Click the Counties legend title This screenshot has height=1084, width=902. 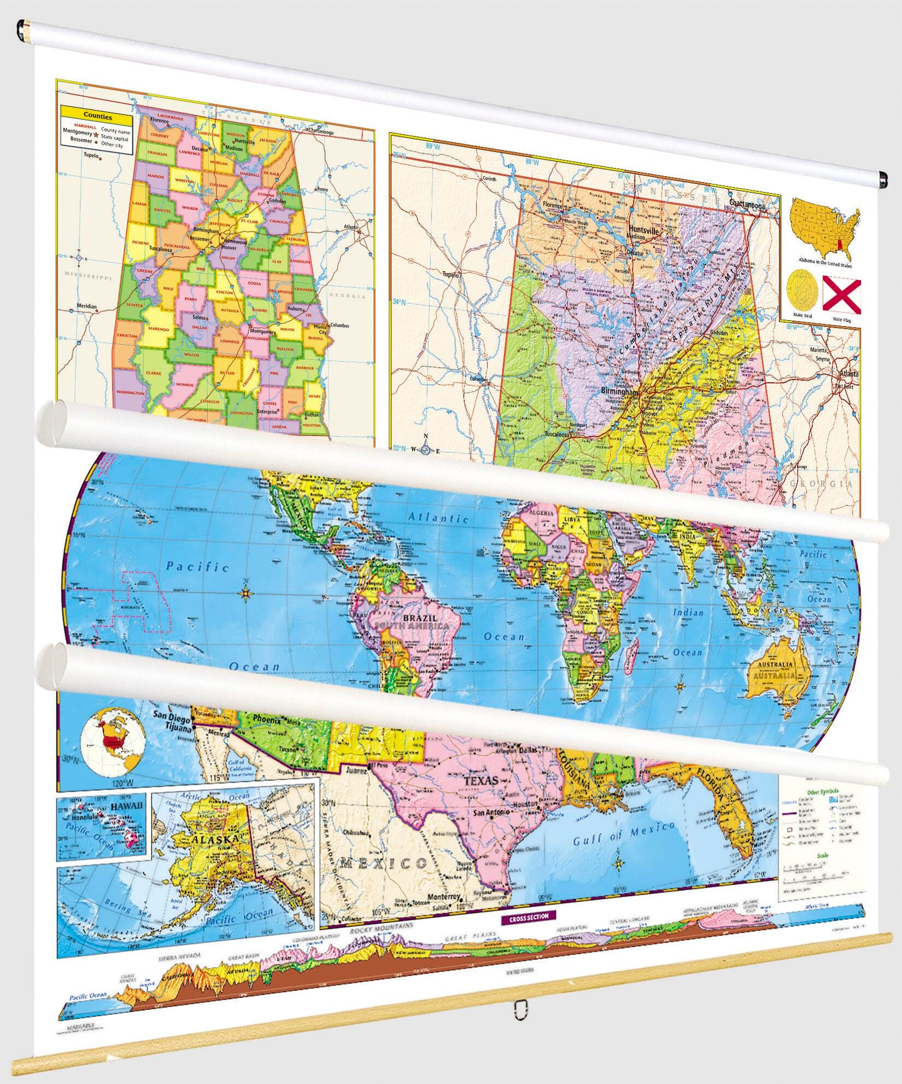point(97,117)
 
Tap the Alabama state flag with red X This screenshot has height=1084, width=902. point(841,295)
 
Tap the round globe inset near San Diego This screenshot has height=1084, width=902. point(112,742)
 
